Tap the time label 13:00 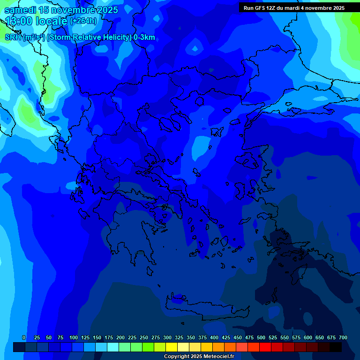click(x=18, y=21)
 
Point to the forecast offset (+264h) click(x=83, y=21)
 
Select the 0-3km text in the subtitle click(x=144, y=37)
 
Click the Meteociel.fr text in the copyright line click(x=218, y=357)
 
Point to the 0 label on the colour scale click(x=24, y=337)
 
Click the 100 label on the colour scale click(x=74, y=337)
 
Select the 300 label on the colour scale click(x=167, y=337)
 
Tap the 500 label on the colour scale click(x=261, y=337)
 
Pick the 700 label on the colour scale click(x=343, y=337)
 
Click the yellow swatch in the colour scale click(x=172, y=347)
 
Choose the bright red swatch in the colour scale click(x=265, y=347)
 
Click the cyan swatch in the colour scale click(x=113, y=347)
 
